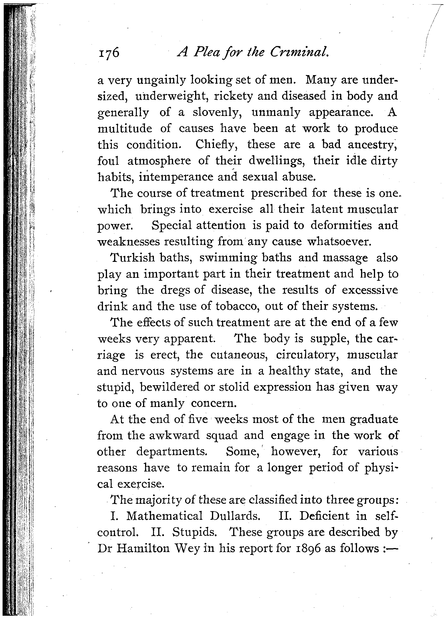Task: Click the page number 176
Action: coord(108,53)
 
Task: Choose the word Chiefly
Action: coord(217,145)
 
